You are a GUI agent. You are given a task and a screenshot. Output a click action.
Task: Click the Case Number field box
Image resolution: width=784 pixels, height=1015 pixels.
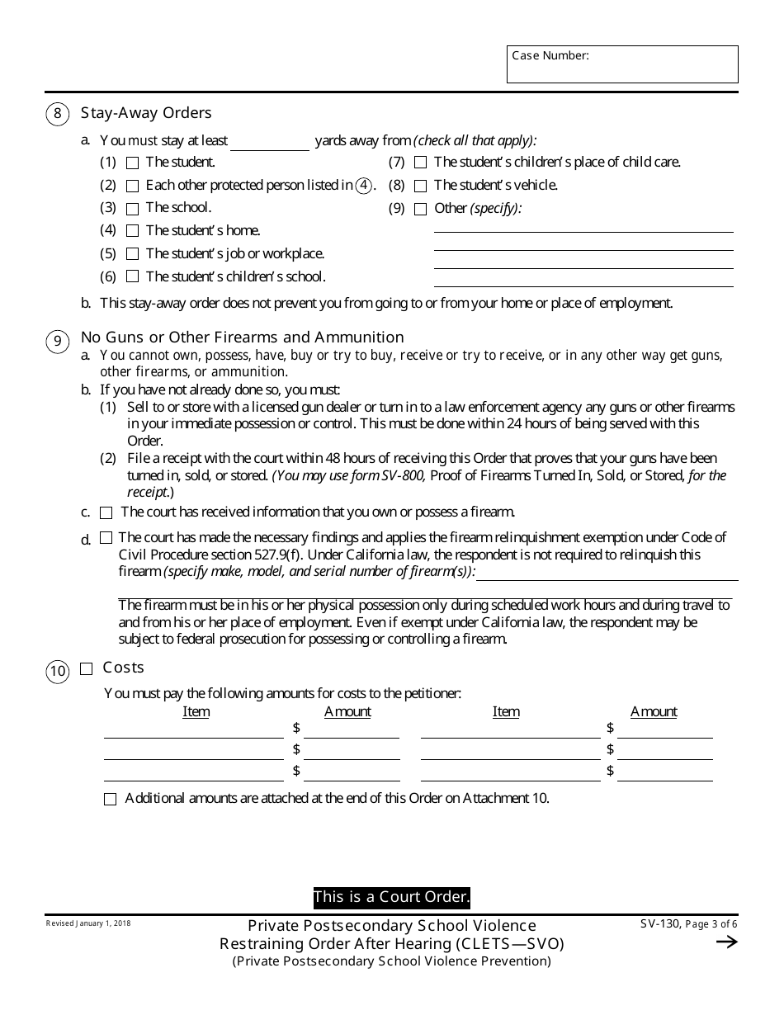(622, 64)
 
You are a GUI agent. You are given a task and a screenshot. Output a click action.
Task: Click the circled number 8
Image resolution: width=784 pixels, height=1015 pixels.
(57, 114)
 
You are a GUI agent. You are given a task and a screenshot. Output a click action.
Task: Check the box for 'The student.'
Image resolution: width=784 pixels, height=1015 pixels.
(132, 163)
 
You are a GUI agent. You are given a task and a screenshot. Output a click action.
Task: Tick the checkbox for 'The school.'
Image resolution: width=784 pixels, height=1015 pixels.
(132, 209)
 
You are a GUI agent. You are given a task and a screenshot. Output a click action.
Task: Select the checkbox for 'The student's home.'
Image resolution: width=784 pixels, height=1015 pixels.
(132, 231)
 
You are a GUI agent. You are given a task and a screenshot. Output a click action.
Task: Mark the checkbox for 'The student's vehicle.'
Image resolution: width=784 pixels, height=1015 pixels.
(420, 186)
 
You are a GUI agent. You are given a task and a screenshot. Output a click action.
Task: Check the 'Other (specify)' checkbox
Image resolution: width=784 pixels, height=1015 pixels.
(420, 209)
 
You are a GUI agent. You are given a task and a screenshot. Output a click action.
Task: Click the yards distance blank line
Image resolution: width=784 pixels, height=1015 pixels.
(270, 142)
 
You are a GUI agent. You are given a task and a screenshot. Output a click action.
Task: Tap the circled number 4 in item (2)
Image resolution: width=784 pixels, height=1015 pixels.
(363, 186)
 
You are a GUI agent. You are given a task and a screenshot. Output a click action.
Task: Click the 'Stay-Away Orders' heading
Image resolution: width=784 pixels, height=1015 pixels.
(146, 113)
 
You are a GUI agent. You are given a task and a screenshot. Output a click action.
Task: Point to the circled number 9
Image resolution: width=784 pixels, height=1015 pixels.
(57, 342)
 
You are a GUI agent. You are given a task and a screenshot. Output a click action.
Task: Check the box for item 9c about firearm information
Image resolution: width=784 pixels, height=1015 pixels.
(106, 513)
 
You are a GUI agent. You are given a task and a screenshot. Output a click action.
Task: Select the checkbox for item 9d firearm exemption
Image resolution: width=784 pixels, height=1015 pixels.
(106, 538)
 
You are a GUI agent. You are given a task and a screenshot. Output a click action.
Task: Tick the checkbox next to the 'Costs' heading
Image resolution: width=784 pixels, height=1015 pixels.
(86, 669)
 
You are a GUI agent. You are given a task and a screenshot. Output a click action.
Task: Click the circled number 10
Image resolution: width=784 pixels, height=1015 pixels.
(57, 672)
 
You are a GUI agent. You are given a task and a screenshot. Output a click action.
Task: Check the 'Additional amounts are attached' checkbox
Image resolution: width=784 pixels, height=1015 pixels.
(110, 800)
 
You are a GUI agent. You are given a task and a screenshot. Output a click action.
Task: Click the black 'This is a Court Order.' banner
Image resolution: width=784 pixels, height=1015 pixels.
(391, 897)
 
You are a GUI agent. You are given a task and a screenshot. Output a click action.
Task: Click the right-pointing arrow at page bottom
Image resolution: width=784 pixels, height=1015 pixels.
(726, 942)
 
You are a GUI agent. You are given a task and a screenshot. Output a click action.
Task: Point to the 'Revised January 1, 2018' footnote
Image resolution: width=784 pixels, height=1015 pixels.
(88, 923)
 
